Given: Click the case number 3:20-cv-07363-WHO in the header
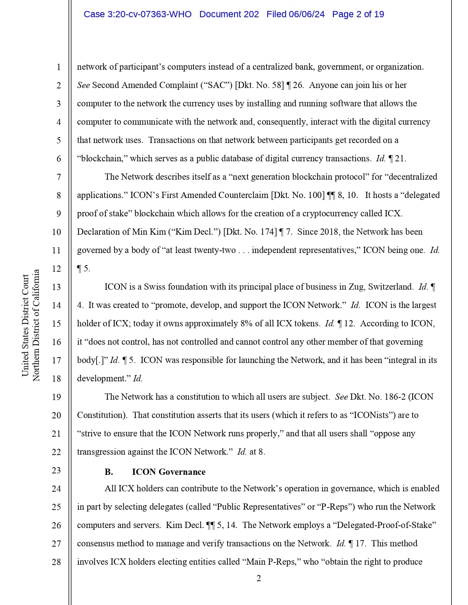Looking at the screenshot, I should (x=138, y=14).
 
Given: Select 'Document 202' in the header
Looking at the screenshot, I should (x=229, y=14).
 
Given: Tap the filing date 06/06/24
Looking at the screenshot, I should (x=306, y=14).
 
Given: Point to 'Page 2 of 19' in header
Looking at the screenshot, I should (x=358, y=14).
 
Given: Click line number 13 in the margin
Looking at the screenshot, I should (x=56, y=287).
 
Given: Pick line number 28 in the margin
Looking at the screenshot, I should (x=56, y=562).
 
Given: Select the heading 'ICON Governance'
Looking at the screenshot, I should (x=168, y=472).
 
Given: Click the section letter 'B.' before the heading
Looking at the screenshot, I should (x=109, y=472).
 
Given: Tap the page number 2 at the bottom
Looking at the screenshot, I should (x=258, y=579).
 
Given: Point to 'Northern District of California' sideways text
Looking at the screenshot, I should (x=36, y=325).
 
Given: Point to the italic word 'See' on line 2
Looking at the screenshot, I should (x=83, y=85).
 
